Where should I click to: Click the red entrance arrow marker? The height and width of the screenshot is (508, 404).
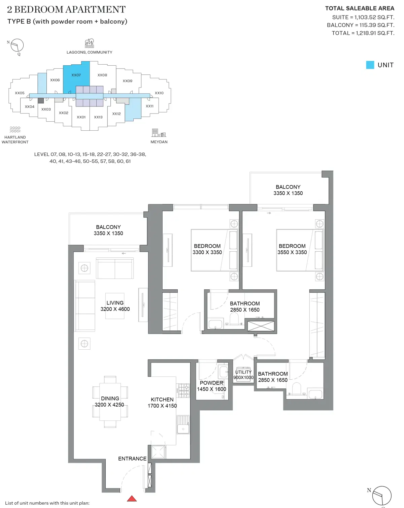[132, 499]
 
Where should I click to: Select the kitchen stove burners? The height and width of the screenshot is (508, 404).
[184, 390]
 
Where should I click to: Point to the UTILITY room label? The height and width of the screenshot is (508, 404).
[243, 372]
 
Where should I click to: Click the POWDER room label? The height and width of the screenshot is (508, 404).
[211, 383]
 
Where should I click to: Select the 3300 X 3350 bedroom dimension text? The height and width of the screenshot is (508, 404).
[207, 252]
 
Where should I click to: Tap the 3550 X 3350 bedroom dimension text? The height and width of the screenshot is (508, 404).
[292, 252]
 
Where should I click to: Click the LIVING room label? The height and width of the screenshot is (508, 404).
[115, 303]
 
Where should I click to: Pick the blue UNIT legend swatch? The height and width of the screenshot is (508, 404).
[370, 65]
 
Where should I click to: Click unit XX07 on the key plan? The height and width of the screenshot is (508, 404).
[76, 75]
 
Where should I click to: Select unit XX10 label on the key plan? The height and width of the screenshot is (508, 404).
[159, 93]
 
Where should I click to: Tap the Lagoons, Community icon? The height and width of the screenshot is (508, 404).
[89, 43]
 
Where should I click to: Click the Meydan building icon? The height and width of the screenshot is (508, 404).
[159, 133]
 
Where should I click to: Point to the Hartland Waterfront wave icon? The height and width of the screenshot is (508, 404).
[15, 129]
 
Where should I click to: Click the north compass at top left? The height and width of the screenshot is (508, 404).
[17, 45]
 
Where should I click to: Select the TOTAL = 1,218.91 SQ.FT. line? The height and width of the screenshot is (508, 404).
[363, 33]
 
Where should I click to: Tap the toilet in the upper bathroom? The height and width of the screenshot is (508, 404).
[234, 318]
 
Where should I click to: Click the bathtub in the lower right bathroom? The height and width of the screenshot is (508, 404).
[316, 394]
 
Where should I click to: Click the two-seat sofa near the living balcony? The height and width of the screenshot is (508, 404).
[115, 268]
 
